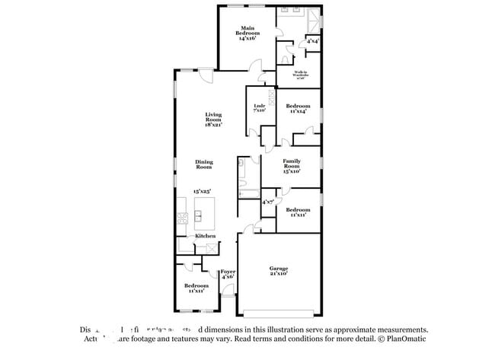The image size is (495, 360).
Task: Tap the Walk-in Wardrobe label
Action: [301, 74]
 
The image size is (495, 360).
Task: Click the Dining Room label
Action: [204, 164]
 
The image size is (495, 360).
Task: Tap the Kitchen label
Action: [205, 236]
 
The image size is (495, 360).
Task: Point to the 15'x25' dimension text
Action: [202, 191]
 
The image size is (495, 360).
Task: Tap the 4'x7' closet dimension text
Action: [268, 202]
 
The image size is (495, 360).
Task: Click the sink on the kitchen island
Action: [202, 215]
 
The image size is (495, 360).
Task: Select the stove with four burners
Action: [183, 218]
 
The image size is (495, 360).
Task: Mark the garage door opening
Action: [279, 314]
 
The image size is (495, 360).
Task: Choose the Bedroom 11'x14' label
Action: [297, 108]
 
